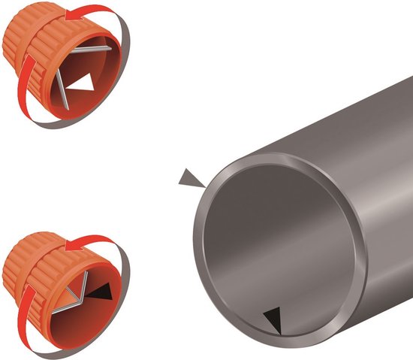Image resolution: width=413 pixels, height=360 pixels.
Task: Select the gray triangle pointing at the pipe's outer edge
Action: pyautogui.click(x=191, y=178)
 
